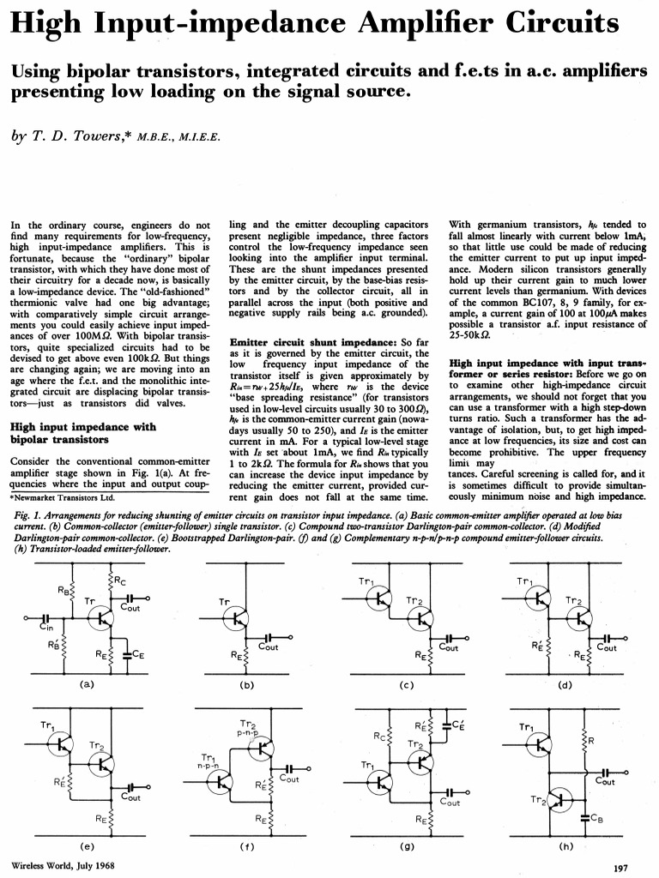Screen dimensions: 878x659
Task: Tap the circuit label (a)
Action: pos(85,684)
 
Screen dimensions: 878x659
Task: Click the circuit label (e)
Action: pos(86,845)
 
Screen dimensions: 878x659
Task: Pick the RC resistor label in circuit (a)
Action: pos(121,583)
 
